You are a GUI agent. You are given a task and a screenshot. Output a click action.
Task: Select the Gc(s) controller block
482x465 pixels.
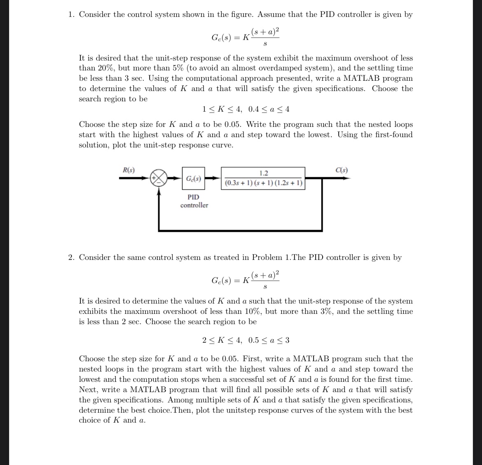(193, 179)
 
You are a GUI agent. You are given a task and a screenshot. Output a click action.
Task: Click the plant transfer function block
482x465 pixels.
(263, 178)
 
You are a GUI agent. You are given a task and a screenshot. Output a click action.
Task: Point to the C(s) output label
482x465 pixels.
(342, 170)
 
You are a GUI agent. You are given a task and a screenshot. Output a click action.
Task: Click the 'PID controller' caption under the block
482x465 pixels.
(194, 201)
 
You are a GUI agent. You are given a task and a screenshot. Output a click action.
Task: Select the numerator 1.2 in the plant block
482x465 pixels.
(263, 173)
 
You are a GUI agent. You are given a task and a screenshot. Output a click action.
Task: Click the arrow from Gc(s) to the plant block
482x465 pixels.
(213, 178)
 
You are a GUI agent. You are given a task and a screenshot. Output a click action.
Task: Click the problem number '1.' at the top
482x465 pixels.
(71, 14)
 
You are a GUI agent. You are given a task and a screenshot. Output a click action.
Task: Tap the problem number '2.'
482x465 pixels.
(71, 257)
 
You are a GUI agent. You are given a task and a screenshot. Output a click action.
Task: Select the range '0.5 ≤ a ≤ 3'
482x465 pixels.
(269, 340)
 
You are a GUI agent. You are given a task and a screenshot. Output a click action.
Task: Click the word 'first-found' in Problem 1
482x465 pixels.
(393, 135)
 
